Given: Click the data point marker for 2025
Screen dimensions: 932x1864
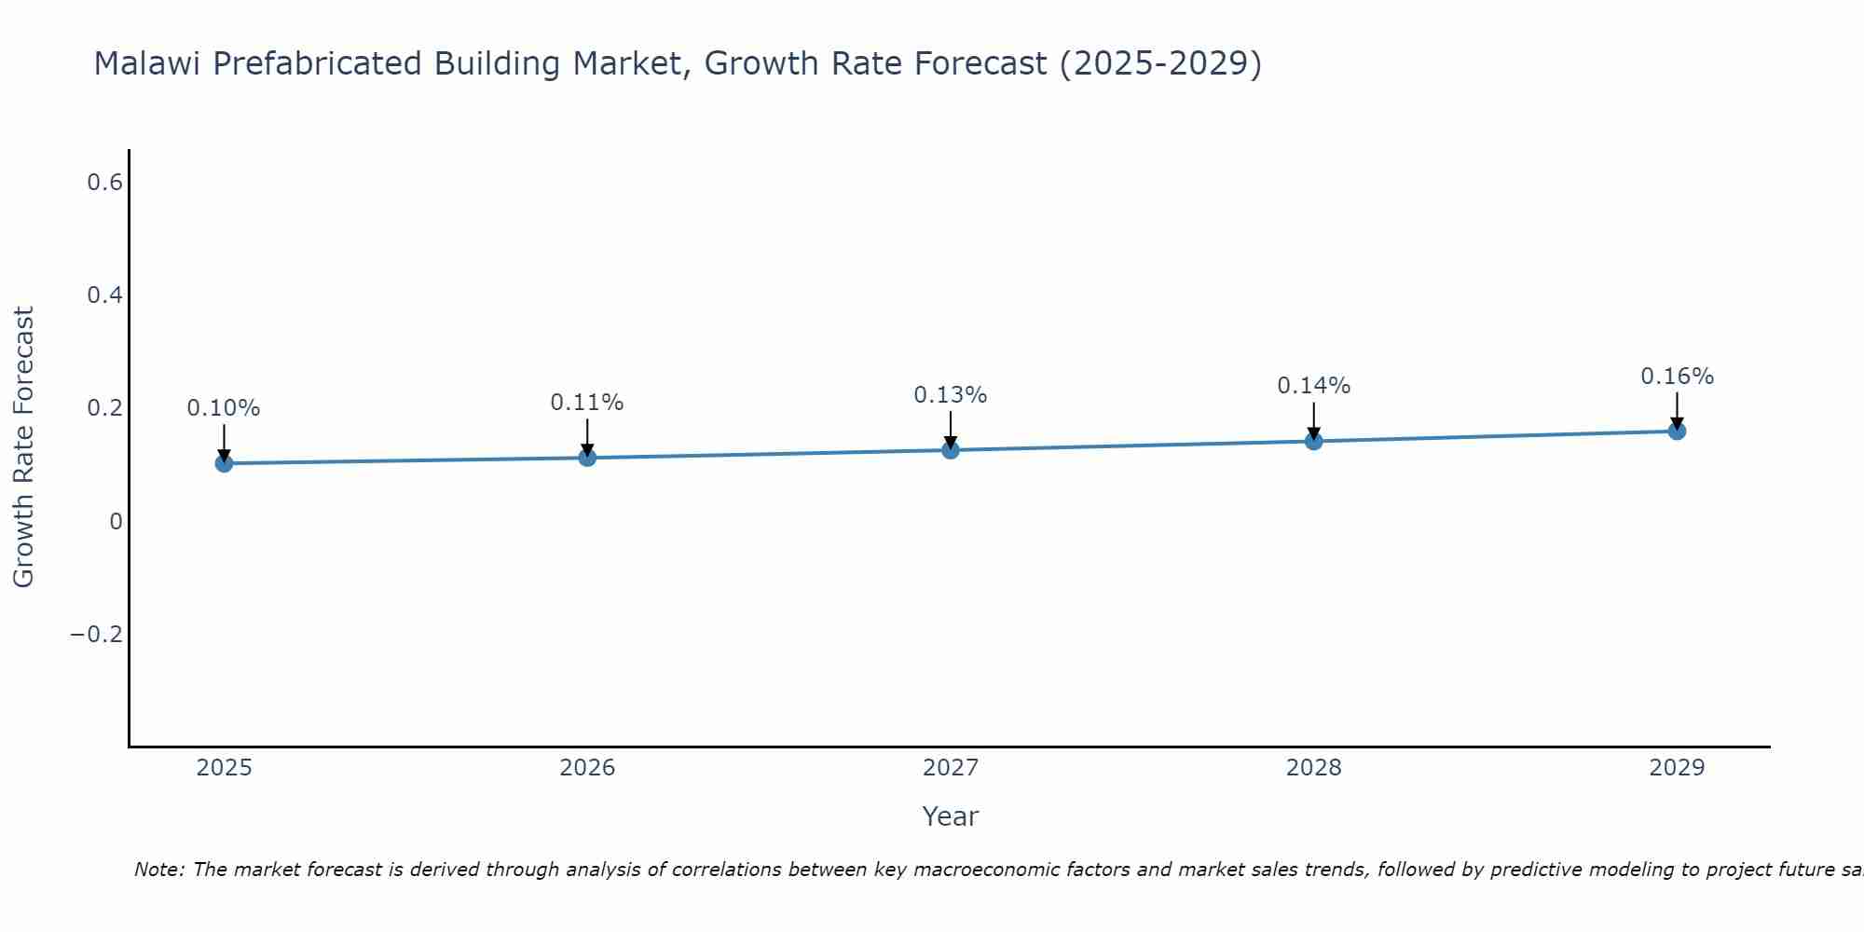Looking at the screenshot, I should pyautogui.click(x=224, y=463).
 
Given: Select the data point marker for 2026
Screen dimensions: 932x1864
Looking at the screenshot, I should pyautogui.click(x=587, y=458).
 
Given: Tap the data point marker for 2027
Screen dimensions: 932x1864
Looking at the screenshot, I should pyautogui.click(x=951, y=450).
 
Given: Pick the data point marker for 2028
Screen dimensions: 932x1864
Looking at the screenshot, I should pyautogui.click(x=1314, y=441).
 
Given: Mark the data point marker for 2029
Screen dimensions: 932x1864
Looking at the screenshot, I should pyautogui.click(x=1677, y=431).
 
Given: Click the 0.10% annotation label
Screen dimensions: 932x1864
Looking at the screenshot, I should pyautogui.click(x=224, y=408).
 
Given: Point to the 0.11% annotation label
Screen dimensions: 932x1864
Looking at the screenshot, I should pyautogui.click(x=587, y=403).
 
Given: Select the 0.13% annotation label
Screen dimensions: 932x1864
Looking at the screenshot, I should pyautogui.click(x=951, y=395).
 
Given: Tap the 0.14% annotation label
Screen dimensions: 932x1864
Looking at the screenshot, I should pyautogui.click(x=1314, y=386).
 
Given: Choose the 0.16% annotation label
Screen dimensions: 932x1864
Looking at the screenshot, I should pyautogui.click(x=1677, y=377).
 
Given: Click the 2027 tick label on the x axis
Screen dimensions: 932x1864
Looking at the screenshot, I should pyautogui.click(x=951, y=768).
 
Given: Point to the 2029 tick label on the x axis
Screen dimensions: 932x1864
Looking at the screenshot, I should pyautogui.click(x=1677, y=768).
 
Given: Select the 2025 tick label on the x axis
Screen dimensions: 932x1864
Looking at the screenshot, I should pyautogui.click(x=224, y=768).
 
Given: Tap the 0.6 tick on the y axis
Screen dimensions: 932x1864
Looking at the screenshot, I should pyautogui.click(x=104, y=183).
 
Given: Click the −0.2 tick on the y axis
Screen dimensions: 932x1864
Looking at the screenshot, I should pyautogui.click(x=96, y=635).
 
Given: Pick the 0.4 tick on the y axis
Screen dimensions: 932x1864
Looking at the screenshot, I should pyautogui.click(x=104, y=295).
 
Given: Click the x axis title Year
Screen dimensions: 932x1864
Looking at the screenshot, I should pyautogui.click(x=951, y=816).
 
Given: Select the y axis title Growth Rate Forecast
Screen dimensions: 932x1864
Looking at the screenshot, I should pyautogui.click(x=24, y=447).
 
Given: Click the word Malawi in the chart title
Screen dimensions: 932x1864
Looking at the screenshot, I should pyautogui.click(x=149, y=64).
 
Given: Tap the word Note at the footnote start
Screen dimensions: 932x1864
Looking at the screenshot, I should pyautogui.click(x=158, y=870).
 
